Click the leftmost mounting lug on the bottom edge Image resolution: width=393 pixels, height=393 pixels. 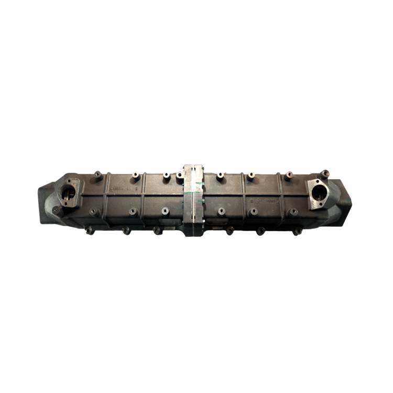(89, 230)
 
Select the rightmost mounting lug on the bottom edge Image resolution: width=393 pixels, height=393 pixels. (297, 230)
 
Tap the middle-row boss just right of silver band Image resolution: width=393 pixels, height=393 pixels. (222, 211)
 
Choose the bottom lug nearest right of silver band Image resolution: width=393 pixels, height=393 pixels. (229, 231)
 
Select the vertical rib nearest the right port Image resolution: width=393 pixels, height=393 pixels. (281, 196)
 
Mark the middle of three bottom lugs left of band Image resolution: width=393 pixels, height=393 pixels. (126, 231)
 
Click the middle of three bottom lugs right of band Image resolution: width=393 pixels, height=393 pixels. (259, 231)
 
